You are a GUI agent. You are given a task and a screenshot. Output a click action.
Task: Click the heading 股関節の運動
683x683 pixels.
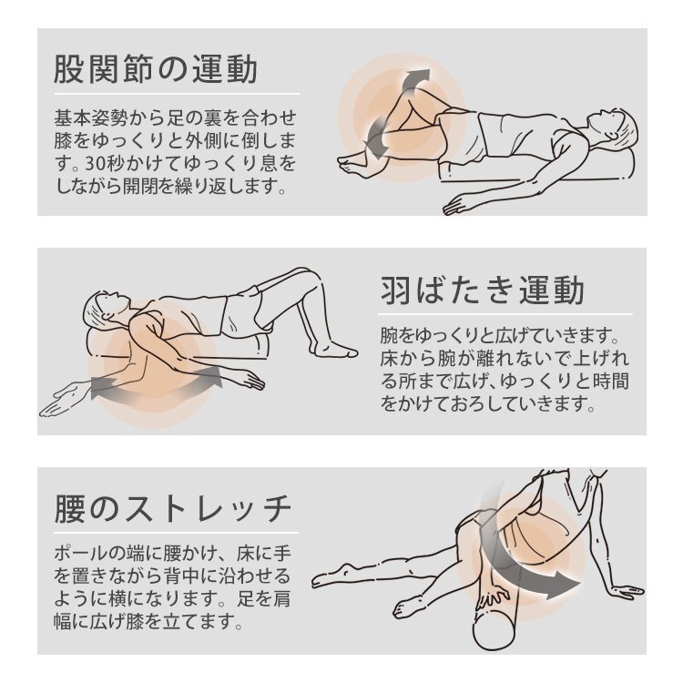point(156,69)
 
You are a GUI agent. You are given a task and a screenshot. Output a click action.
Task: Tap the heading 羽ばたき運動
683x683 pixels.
point(482,291)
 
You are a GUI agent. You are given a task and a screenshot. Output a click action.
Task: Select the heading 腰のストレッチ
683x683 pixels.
point(172,509)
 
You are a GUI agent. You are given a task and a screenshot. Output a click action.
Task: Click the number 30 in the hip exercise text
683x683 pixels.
point(95,164)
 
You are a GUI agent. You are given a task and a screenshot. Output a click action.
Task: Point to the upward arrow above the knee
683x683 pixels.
point(413,81)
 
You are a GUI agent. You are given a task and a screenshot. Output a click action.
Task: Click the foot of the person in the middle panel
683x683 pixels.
point(334,350)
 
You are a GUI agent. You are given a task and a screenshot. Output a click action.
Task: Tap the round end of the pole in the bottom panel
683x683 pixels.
point(494,630)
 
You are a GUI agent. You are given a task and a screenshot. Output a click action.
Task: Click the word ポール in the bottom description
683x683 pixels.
point(81,554)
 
